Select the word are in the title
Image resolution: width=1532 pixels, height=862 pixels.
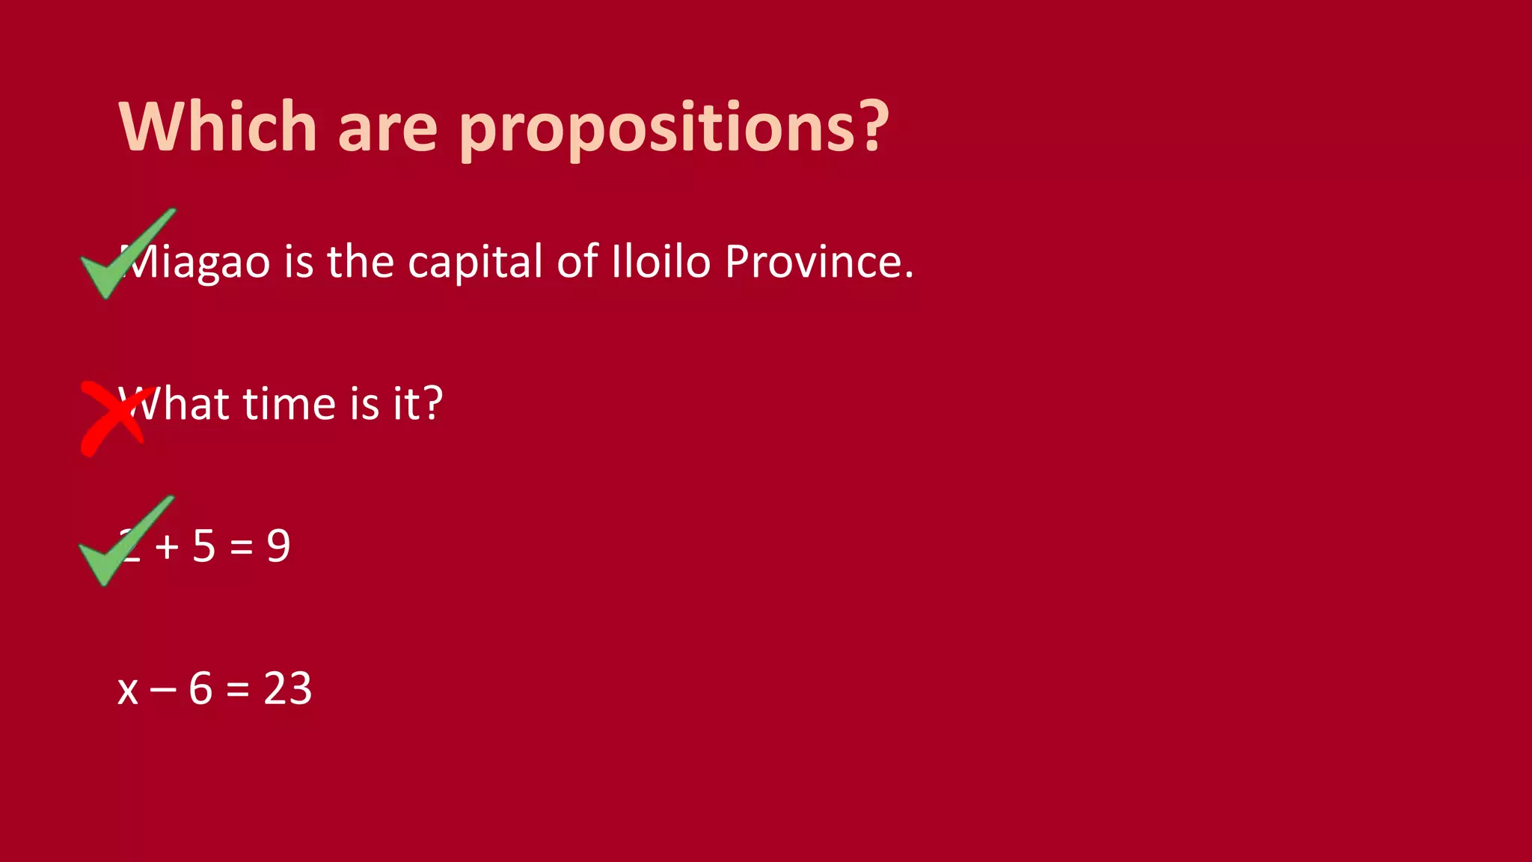pos(387,129)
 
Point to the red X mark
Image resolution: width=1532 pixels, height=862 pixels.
pos(114,418)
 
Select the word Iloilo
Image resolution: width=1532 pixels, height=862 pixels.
pos(661,262)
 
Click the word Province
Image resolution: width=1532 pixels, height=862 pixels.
pos(819,262)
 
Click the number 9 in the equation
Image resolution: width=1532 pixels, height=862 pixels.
pos(278,545)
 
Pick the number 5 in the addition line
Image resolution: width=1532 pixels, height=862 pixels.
pos(204,545)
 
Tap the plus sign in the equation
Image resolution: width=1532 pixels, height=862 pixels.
pos(167,547)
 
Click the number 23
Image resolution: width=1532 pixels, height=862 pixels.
pos(287,688)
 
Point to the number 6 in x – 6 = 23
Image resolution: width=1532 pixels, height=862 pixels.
pos(200,688)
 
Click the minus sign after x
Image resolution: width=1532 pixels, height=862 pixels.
pos(163,690)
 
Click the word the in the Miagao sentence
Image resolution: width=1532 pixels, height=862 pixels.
pos(361,262)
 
